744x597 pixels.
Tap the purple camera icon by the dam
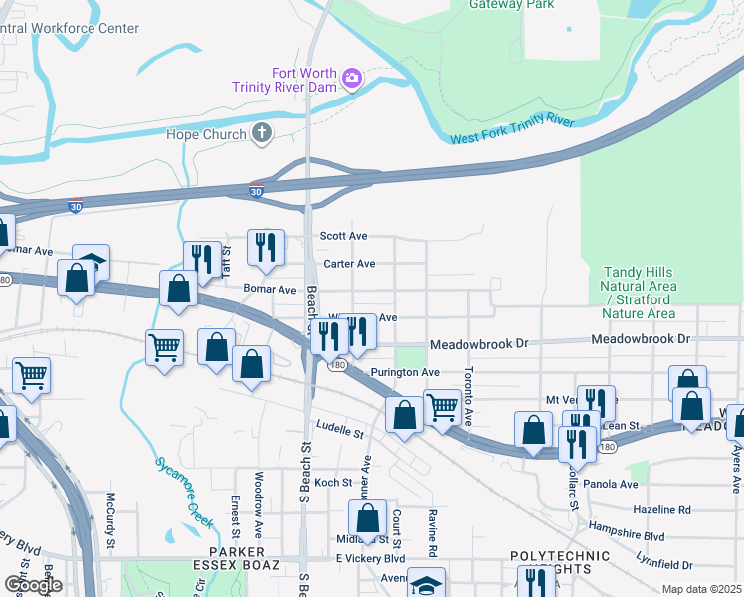click(351, 78)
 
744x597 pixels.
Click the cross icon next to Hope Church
click(261, 133)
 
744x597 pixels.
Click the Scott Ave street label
click(343, 237)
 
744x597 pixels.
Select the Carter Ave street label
click(349, 264)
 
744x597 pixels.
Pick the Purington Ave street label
click(405, 372)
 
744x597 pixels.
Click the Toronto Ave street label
click(467, 397)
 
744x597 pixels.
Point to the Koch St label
click(333, 483)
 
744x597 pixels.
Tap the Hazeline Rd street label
click(661, 510)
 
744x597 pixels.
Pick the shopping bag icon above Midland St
click(367, 516)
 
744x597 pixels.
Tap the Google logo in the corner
click(32, 584)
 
